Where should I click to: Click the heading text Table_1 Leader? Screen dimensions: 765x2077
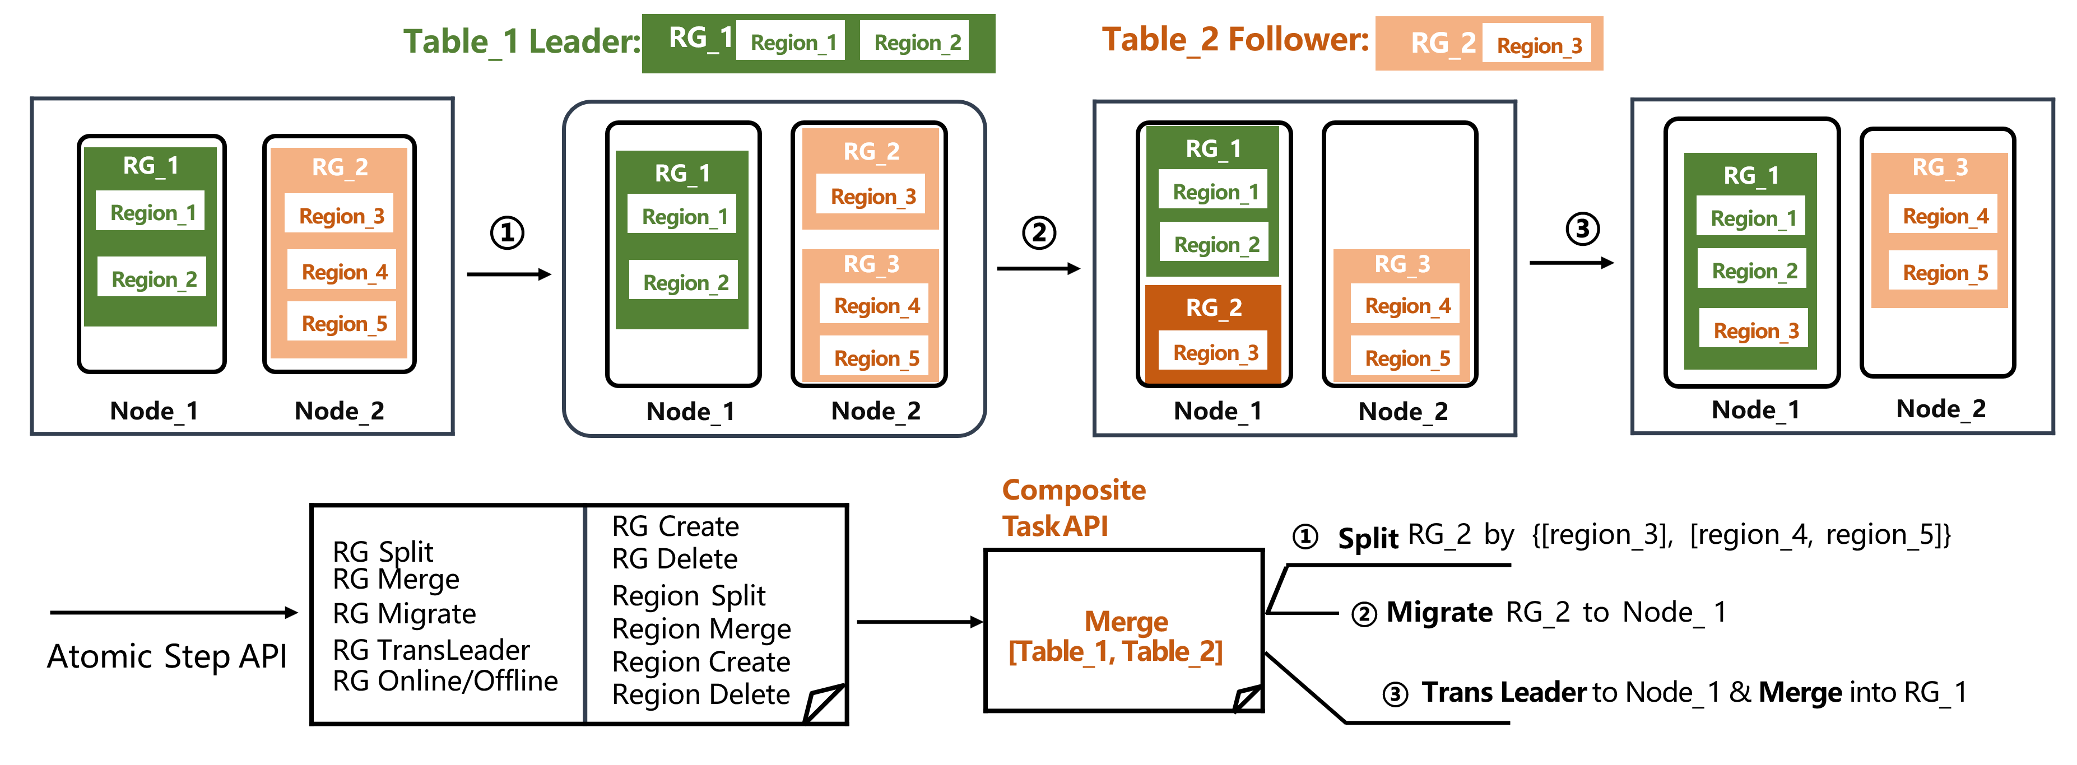pyautogui.click(x=522, y=42)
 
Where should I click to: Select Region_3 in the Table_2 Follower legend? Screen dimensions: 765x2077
pyautogui.click(x=1539, y=46)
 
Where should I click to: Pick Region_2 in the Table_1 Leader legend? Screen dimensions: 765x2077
pyautogui.click(x=917, y=43)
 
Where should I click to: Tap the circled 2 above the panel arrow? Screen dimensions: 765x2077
pyautogui.click(x=1039, y=233)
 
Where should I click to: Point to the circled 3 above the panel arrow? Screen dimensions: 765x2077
pyautogui.click(x=1582, y=229)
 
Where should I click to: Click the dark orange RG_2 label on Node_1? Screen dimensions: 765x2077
pyautogui.click(x=1214, y=308)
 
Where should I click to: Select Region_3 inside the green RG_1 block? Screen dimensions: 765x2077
pyautogui.click(x=1755, y=332)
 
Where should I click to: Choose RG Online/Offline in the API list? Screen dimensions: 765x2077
pyautogui.click(x=445, y=681)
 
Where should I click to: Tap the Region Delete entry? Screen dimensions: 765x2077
pyautogui.click(x=701, y=695)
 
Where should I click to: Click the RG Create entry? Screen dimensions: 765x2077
pyautogui.click(x=675, y=526)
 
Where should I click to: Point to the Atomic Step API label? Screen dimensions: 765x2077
pyautogui.click(x=167, y=656)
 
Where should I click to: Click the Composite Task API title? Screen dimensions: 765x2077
pyautogui.click(x=1072, y=508)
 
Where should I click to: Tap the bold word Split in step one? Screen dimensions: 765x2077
pyautogui.click(x=1368, y=538)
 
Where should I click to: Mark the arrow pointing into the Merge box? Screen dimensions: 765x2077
pyautogui.click(x=919, y=622)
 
